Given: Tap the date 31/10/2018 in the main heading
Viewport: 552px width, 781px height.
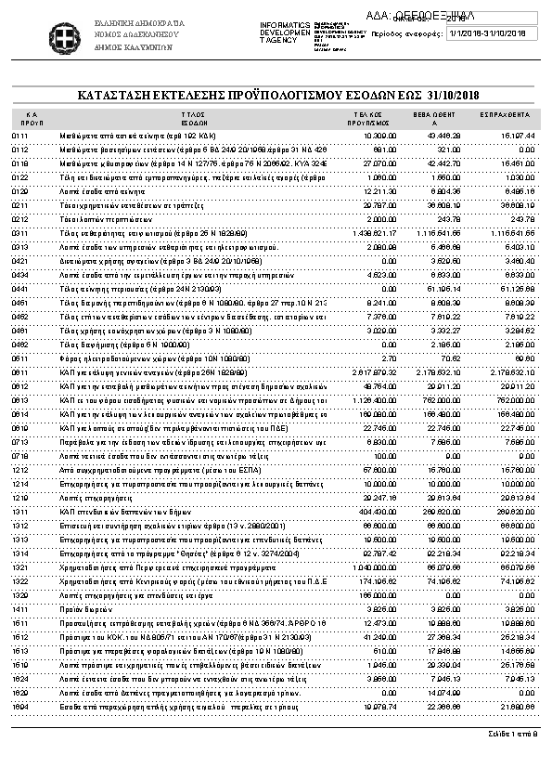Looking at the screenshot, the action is point(453,95).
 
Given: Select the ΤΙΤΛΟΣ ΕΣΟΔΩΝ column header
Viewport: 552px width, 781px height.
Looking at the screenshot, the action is point(194,117).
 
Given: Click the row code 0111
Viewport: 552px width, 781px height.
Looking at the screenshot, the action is point(20,136).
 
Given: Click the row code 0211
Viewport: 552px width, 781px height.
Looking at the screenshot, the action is point(20,204).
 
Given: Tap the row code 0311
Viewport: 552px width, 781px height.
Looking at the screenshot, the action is point(20,232).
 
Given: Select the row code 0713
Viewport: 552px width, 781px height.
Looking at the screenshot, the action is point(20,441).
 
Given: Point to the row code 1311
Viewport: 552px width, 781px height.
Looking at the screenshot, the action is point(20,511).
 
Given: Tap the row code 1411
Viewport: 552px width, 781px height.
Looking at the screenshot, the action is point(20,607).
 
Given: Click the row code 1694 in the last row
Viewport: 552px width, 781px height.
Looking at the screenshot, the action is point(20,705).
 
